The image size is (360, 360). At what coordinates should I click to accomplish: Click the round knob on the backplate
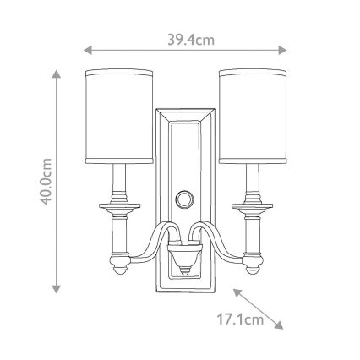pyautogui.click(x=183, y=200)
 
